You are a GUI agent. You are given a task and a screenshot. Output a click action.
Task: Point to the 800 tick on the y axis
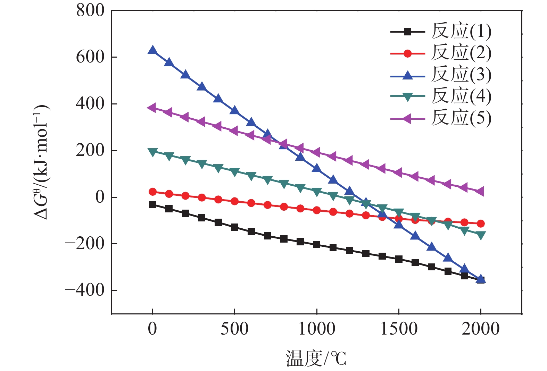(90, 10)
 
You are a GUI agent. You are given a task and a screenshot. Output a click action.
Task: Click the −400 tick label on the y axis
(85, 290)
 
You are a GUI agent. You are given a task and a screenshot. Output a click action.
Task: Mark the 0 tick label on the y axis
(100, 197)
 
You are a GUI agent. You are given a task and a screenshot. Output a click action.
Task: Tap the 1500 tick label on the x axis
(399, 329)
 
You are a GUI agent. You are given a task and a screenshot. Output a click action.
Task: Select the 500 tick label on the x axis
(234, 329)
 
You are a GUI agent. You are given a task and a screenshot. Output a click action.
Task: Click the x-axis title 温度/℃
(316, 359)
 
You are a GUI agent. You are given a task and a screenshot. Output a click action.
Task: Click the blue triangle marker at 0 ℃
(152, 50)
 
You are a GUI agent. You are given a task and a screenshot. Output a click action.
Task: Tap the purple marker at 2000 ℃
(480, 192)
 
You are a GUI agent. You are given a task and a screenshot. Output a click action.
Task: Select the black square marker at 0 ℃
(152, 204)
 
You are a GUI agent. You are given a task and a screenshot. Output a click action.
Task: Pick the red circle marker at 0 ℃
(152, 192)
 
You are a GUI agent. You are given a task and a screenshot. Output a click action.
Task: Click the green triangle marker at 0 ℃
(152, 152)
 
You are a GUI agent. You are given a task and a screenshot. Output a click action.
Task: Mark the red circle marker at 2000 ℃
(481, 224)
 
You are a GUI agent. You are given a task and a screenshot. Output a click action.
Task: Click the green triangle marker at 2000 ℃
(481, 236)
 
